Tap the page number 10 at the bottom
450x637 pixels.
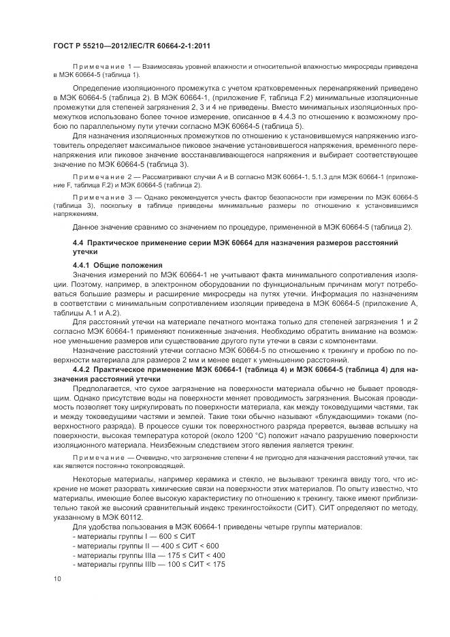57,578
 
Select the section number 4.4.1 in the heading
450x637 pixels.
82,264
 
